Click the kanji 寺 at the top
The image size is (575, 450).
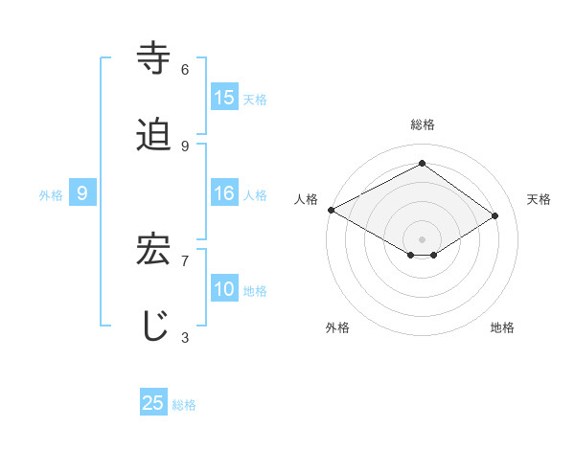click(154, 57)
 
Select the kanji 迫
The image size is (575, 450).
click(154, 135)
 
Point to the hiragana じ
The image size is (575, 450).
click(154, 325)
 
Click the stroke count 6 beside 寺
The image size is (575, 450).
click(185, 70)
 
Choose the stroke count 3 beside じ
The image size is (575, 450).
click(185, 337)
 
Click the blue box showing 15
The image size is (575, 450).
click(224, 98)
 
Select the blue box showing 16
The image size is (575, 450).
click(224, 193)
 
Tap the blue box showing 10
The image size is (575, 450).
click(224, 289)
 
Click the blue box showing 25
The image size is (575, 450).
click(153, 403)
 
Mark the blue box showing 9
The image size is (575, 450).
click(82, 193)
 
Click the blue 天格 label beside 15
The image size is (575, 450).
click(255, 99)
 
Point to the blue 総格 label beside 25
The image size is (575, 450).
click(184, 404)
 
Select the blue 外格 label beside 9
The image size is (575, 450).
click(51, 194)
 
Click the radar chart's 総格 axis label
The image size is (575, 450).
click(422, 124)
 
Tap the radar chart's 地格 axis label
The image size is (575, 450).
click(502, 327)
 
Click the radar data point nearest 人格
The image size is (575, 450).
click(331, 210)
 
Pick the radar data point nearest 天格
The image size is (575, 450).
click(495, 216)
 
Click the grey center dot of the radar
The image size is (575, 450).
click(422, 238)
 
